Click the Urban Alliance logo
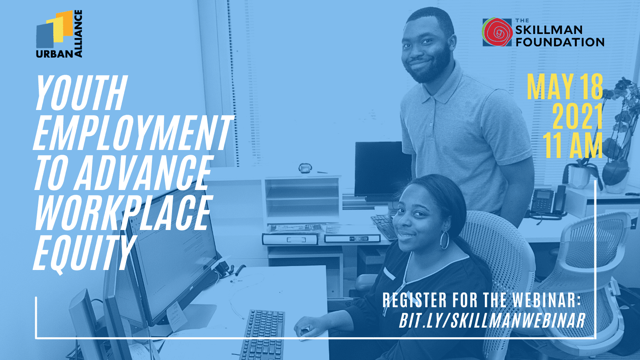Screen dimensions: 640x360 point(59,34)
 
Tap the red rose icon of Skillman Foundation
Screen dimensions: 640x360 point(497,32)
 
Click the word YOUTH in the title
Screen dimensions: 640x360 point(81,93)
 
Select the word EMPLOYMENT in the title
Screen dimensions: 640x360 point(133,133)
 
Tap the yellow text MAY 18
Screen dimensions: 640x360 point(565,87)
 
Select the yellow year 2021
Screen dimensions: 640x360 point(578,116)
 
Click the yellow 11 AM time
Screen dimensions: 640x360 point(572,145)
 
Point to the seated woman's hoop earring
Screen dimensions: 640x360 point(444,240)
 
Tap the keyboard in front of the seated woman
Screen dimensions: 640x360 point(263,335)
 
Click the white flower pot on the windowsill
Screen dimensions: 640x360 point(580,176)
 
